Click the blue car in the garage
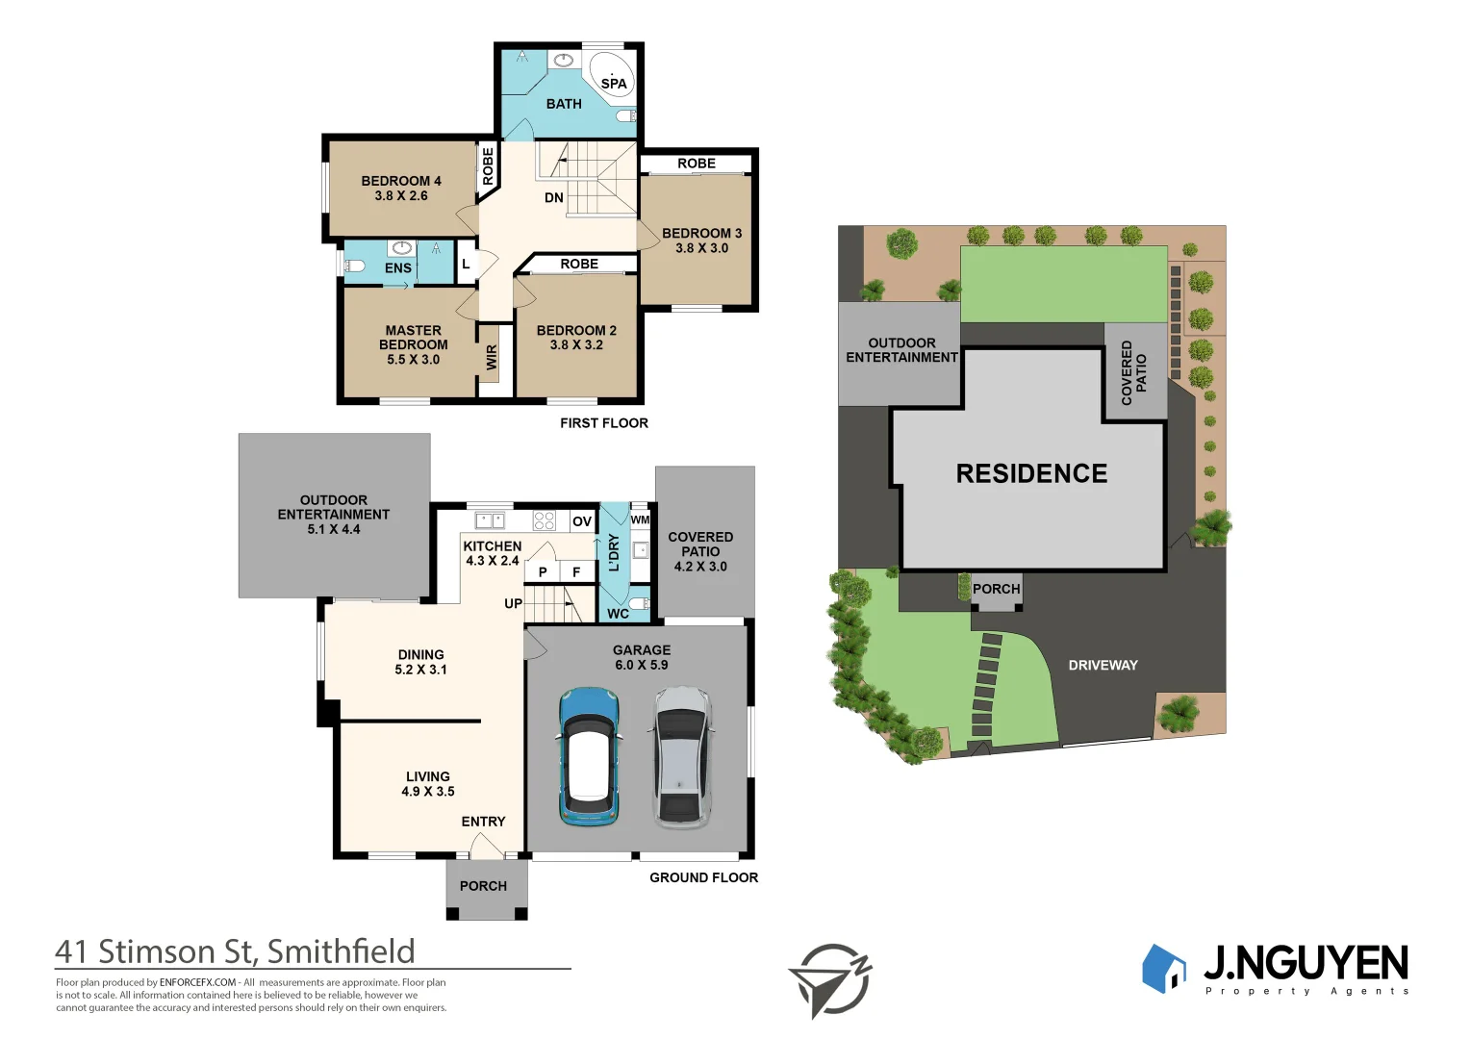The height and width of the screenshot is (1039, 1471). (588, 757)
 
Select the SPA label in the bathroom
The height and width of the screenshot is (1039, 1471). (614, 84)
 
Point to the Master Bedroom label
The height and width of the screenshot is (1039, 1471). (414, 344)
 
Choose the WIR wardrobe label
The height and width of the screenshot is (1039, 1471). (492, 358)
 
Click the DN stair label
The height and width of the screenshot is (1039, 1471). (554, 198)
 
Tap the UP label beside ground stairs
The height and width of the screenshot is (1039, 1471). (513, 604)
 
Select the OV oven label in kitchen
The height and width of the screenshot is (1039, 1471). (582, 521)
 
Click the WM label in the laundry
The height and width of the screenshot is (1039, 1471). (640, 519)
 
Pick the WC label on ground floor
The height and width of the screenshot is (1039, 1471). (618, 614)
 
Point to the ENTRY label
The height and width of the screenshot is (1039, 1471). (483, 822)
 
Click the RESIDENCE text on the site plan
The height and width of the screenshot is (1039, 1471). (1031, 473)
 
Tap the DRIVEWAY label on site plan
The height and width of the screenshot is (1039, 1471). (1103, 665)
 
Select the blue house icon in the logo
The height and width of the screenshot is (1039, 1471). (1164, 968)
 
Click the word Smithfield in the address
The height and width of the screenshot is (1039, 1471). (341, 951)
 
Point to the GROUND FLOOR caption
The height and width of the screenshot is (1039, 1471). (703, 877)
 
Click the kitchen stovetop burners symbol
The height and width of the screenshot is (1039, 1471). (545, 520)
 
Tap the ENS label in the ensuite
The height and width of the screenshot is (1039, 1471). (397, 268)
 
